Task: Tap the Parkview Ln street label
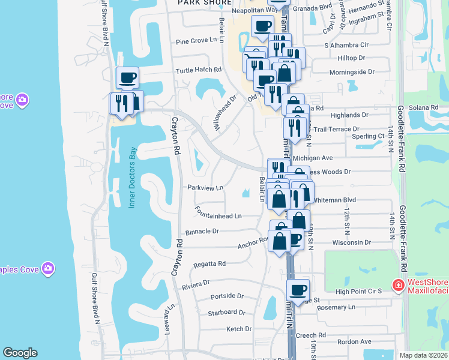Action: click(205, 188)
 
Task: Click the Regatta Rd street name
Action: click(209, 264)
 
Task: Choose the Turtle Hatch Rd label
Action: click(199, 70)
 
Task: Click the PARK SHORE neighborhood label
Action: click(205, 3)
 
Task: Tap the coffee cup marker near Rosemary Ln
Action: click(298, 290)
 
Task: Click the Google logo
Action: click(20, 353)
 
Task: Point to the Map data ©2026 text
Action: click(423, 355)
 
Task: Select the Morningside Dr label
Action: click(352, 72)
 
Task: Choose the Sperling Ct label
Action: click(369, 137)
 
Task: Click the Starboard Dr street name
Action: click(226, 313)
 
